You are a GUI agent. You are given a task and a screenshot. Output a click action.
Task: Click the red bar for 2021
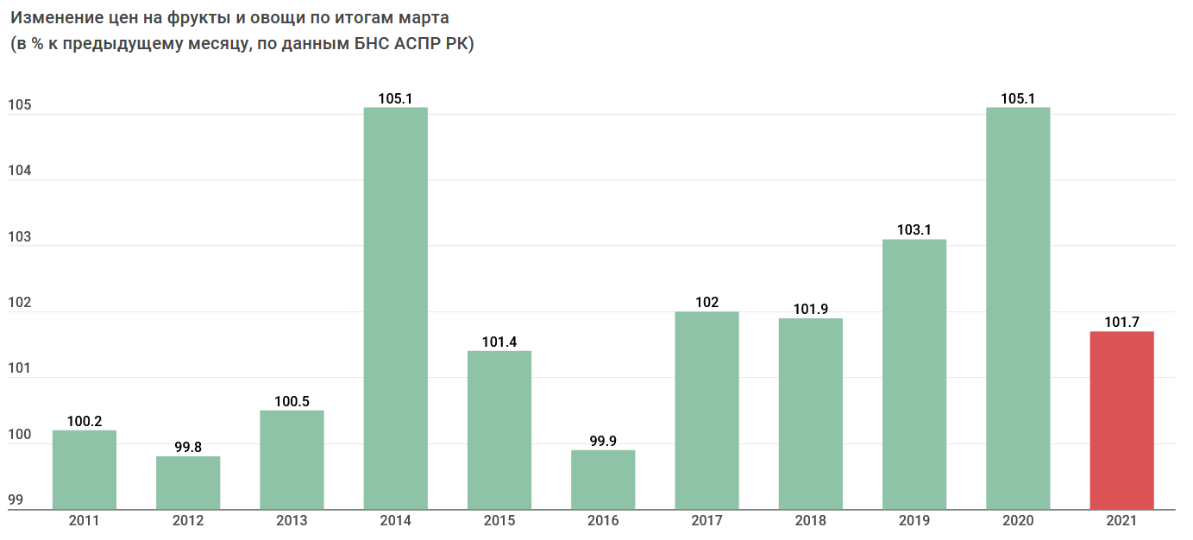1121,420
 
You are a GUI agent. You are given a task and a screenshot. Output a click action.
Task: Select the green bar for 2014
395,308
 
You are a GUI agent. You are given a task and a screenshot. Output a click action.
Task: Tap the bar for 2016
603,480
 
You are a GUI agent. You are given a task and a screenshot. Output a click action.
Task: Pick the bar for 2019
914,374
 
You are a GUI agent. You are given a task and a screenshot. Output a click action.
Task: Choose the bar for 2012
188,482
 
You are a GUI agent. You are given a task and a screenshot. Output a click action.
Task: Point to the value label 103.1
914,230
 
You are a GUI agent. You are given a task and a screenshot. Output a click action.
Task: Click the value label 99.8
188,448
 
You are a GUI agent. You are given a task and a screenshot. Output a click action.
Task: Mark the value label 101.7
1121,323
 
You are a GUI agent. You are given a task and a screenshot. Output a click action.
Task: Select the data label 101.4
499,342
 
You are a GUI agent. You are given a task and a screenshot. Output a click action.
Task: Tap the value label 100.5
292,401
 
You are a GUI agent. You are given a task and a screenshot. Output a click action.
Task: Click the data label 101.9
811,310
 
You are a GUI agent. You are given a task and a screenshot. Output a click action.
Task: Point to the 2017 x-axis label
706,521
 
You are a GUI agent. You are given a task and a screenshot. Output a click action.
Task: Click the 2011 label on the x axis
85,521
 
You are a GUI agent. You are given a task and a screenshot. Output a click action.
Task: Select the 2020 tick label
1018,521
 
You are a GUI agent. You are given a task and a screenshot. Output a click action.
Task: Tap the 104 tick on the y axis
19,172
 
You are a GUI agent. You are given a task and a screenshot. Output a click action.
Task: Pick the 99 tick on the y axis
16,501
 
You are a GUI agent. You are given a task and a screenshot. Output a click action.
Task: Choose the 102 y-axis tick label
19,304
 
